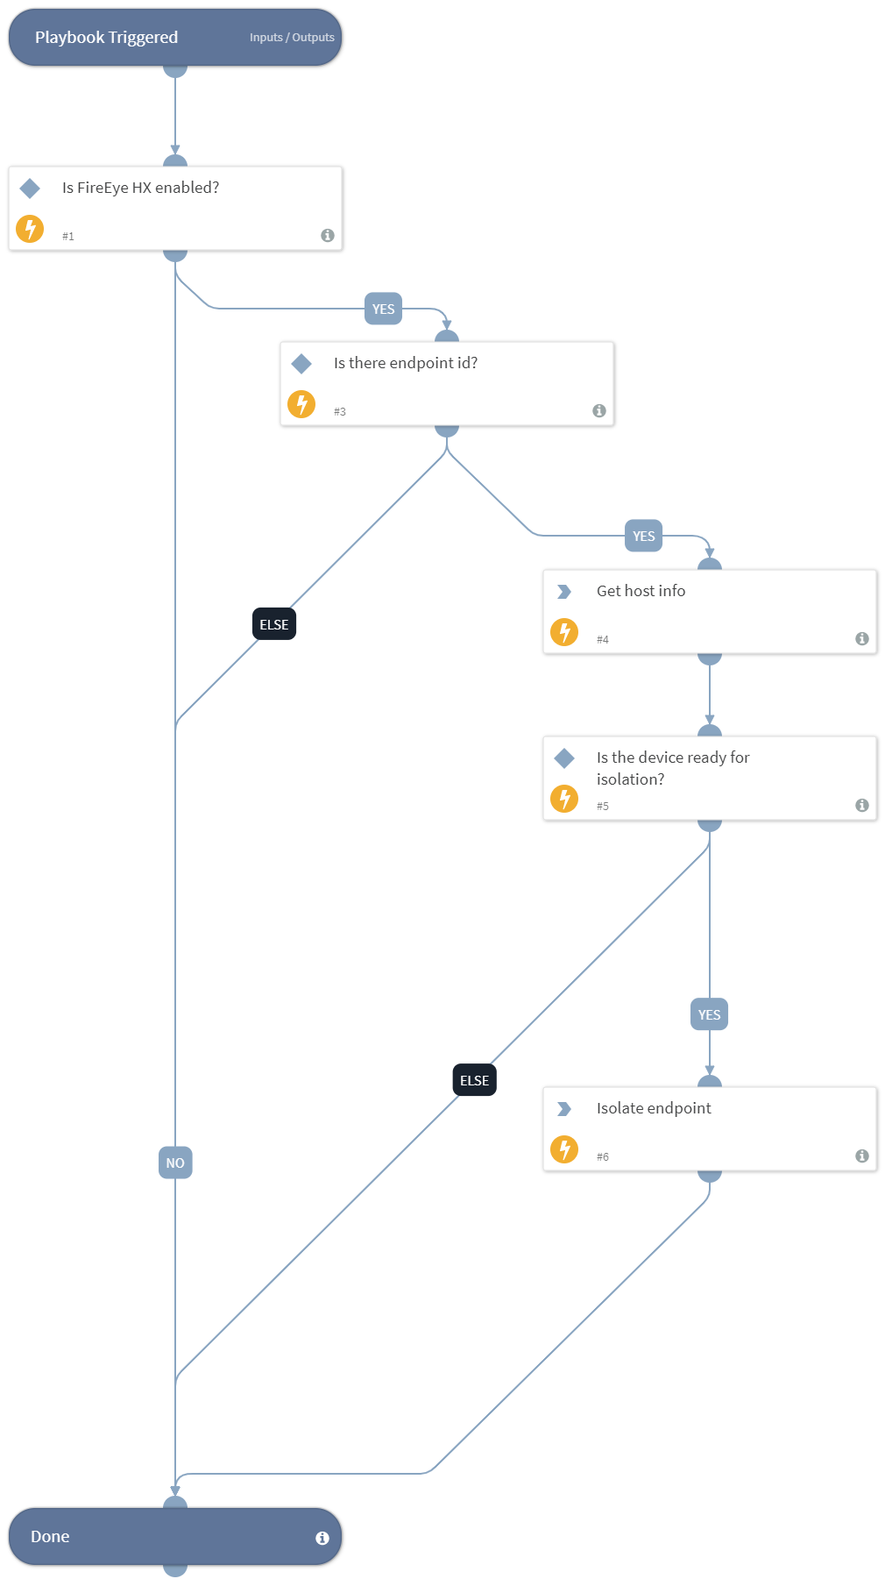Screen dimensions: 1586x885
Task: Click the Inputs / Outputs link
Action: point(292,38)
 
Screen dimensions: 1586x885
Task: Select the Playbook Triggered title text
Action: point(106,38)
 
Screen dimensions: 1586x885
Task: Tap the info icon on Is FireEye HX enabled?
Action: point(328,235)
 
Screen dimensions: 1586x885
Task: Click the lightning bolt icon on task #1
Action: point(30,229)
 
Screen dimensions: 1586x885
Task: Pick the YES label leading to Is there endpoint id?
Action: point(383,309)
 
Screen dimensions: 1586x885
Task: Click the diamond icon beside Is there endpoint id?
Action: point(301,363)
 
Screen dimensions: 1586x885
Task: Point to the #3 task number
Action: point(340,411)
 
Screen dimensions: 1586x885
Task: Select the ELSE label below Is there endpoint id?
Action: point(273,624)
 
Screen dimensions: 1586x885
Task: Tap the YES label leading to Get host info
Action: point(643,536)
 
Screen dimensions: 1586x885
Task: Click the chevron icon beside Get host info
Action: point(564,592)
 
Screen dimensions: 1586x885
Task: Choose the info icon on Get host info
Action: point(862,638)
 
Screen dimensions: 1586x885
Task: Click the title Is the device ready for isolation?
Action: point(672,768)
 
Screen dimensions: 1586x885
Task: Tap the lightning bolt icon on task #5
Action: point(564,799)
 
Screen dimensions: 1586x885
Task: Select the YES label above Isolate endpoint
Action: point(709,1014)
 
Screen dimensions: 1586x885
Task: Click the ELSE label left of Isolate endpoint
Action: point(474,1080)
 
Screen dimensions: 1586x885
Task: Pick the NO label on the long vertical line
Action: point(175,1163)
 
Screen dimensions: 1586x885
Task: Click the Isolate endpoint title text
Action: point(654,1108)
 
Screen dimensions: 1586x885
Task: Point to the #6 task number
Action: point(603,1156)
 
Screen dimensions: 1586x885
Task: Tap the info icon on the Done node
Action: point(322,1538)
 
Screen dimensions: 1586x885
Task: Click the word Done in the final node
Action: point(50,1537)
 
